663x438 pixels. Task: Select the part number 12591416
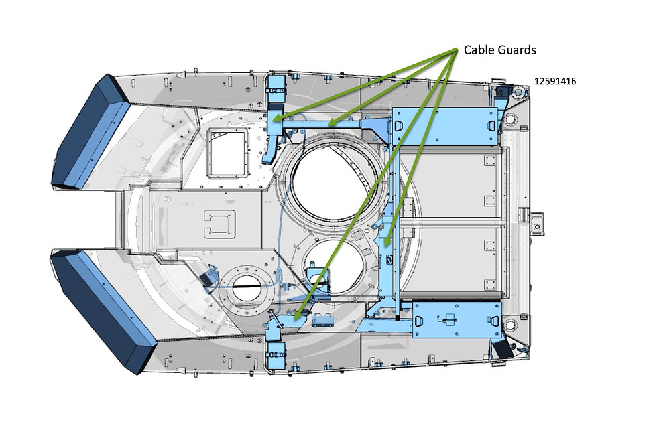click(x=555, y=81)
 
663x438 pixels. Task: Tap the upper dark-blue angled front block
click(x=90, y=132)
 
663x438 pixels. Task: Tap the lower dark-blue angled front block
click(x=103, y=312)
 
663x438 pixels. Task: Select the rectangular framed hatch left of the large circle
click(x=226, y=153)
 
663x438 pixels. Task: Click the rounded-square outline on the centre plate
click(x=219, y=222)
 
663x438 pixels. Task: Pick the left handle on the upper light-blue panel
click(x=398, y=125)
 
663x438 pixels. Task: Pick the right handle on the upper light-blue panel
click(x=491, y=125)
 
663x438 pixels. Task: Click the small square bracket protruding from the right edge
click(x=537, y=225)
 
